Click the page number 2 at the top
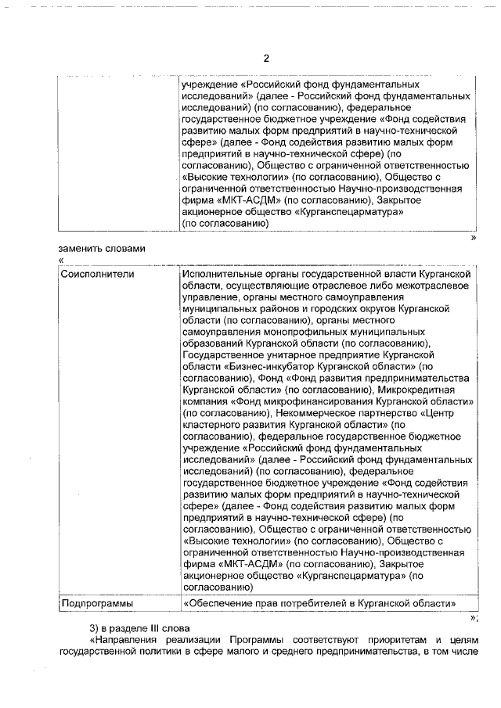point(265,59)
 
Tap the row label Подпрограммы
point(97,603)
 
